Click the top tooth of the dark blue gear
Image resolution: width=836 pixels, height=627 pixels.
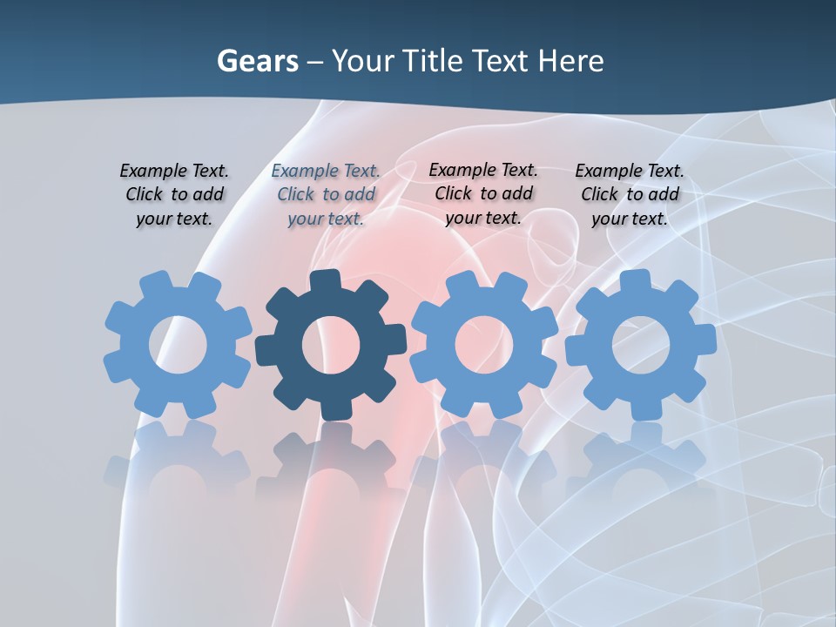point(324,281)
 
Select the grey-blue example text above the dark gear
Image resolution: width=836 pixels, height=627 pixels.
point(326,195)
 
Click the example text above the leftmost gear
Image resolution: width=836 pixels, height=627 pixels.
point(174,195)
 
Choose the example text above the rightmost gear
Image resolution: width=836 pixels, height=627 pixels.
point(630,195)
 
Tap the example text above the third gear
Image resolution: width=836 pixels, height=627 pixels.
point(483,194)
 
